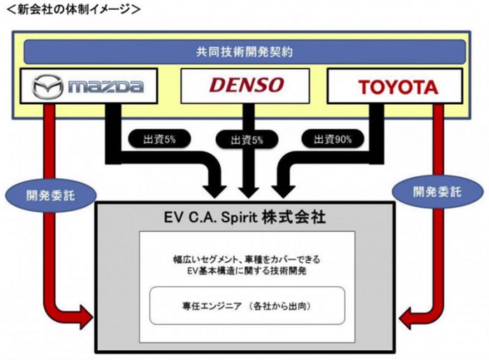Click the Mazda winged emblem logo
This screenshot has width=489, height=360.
pyautogui.click(x=48, y=87)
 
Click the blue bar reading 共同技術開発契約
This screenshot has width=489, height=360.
pyautogui.click(x=245, y=52)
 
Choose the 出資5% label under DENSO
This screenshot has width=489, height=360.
pyautogui.click(x=247, y=140)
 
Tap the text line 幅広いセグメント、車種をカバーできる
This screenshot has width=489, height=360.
pyautogui.click(x=246, y=259)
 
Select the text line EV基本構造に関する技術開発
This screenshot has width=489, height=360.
pyautogui.click(x=246, y=271)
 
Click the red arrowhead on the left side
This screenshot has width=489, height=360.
pyautogui.click(x=83, y=319)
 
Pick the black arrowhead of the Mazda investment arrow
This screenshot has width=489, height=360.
pyautogui.click(x=214, y=187)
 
